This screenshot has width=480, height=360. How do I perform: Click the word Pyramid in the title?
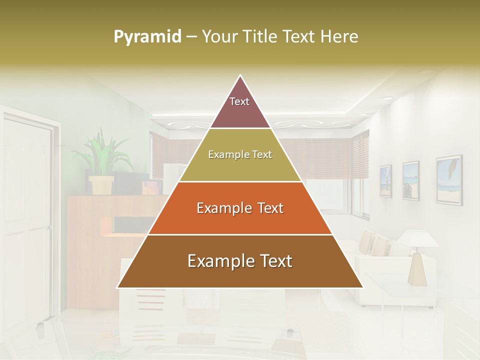point(147,37)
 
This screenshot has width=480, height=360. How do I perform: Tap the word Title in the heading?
point(262,36)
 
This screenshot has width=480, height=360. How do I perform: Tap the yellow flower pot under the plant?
point(101,184)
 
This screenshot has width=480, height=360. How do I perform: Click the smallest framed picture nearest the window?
point(385,181)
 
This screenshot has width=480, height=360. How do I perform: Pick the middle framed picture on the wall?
point(410,180)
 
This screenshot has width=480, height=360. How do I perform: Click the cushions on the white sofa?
point(375,242)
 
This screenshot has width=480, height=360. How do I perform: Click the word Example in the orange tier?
point(218,208)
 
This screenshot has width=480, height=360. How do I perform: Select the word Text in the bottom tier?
point(272,261)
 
